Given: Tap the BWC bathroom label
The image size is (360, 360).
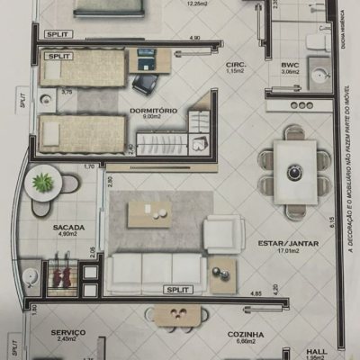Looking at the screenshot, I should pos(290,65).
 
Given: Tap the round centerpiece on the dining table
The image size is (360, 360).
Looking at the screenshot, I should pos(292,172).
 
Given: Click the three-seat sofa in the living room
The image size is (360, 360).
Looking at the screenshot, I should pos(156,267).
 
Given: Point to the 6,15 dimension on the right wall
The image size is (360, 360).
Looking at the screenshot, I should pos(331,222).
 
